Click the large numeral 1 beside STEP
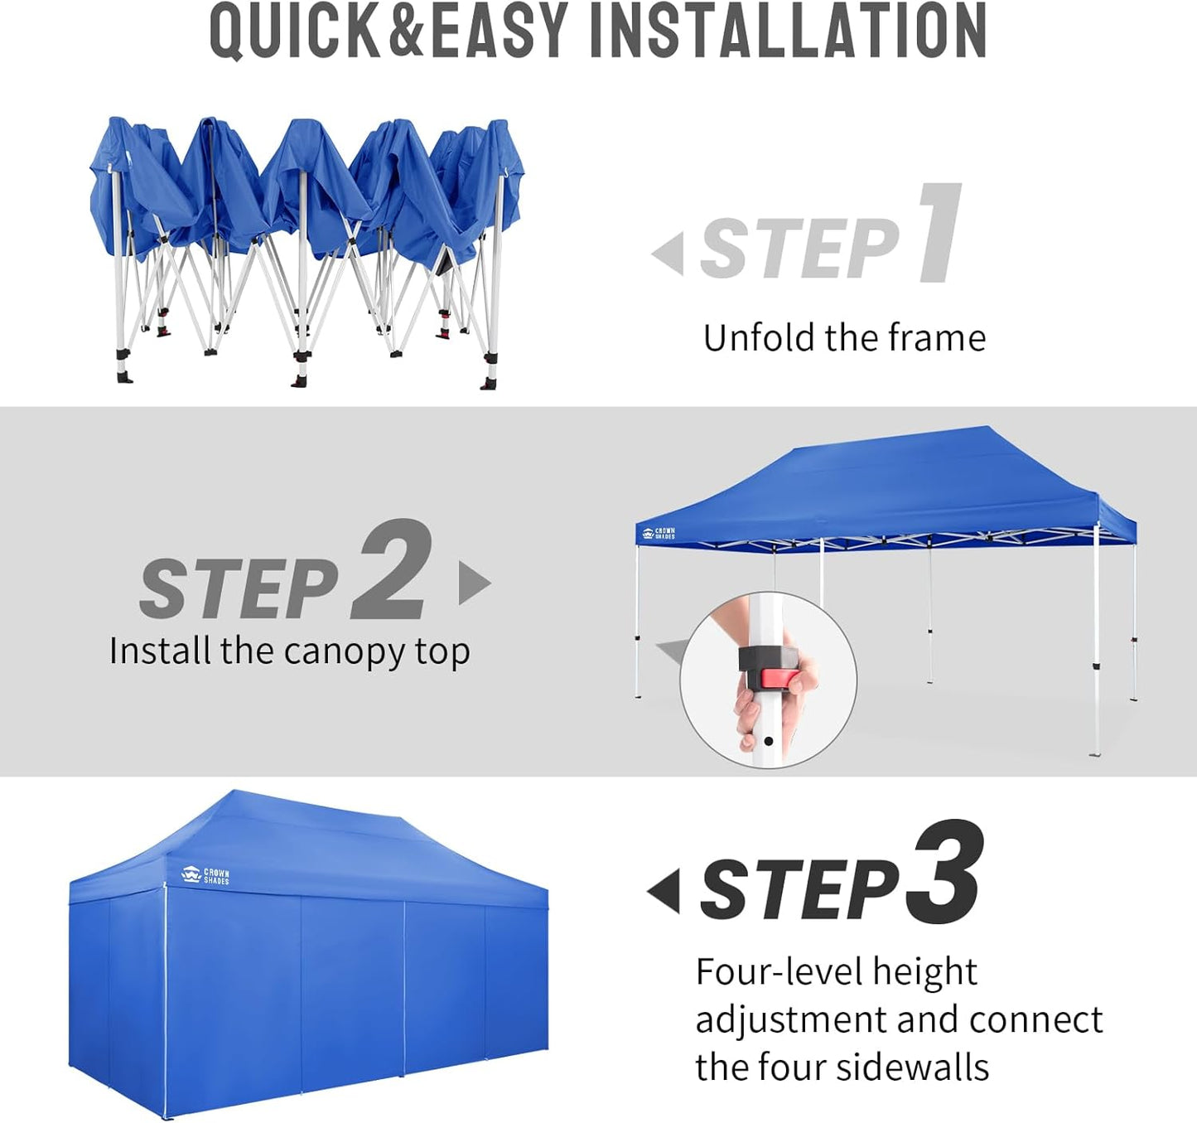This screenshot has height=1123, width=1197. [x=940, y=234]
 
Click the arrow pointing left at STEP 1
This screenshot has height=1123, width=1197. [x=669, y=253]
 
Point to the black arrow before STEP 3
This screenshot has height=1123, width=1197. [x=664, y=891]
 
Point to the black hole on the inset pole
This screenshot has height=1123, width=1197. [x=769, y=741]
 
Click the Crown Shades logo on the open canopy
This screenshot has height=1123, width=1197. [x=659, y=533]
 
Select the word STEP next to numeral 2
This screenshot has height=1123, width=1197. [x=239, y=588]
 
